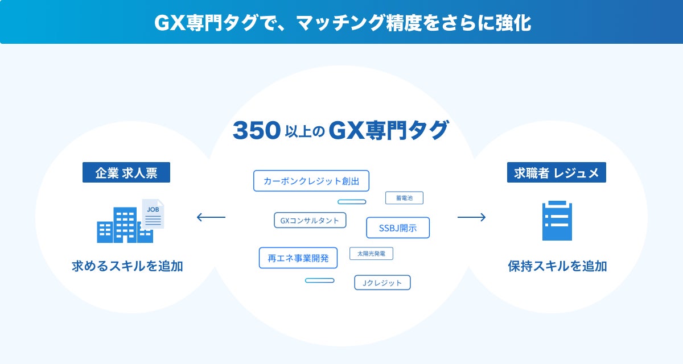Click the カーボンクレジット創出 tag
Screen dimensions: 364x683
coord(311,181)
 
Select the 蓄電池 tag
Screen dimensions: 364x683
coord(404,198)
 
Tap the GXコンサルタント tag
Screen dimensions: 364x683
coord(310,220)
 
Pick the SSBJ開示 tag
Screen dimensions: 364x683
coord(398,228)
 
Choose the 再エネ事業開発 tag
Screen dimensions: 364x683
coord(298,258)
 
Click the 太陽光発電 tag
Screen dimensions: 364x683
coord(371,254)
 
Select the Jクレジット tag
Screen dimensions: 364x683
coord(382,283)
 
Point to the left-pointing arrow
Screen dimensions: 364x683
coord(211,217)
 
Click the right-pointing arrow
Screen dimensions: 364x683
coord(471,217)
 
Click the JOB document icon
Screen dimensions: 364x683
coord(153,214)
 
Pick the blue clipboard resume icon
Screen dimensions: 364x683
coord(557,221)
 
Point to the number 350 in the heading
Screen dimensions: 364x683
coord(256,131)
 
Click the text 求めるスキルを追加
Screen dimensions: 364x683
coord(127,266)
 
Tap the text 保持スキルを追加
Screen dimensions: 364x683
coord(557,266)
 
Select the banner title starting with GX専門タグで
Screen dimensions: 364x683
coord(341,22)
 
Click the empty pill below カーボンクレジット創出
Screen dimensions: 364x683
coord(352,202)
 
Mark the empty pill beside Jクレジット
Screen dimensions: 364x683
coord(319,280)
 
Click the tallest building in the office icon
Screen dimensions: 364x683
coord(125,224)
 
